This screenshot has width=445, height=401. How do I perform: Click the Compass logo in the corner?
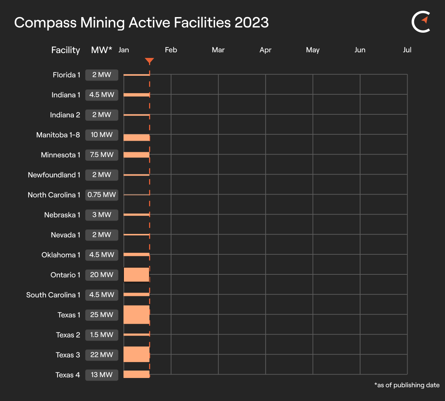(x=421, y=22)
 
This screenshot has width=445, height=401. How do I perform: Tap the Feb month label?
(x=171, y=50)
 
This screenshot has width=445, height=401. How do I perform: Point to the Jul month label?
(x=407, y=50)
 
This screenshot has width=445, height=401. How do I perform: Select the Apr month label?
(x=266, y=50)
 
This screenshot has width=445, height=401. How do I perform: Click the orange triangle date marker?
(x=149, y=61)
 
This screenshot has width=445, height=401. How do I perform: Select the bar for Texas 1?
(x=136, y=314)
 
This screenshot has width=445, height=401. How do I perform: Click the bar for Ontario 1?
(x=136, y=275)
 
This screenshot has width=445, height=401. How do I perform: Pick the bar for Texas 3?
(x=136, y=355)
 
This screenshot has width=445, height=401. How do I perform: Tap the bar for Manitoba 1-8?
(x=136, y=137)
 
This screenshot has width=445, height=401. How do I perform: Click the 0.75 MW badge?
(x=102, y=195)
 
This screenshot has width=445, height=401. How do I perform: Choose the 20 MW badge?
(x=102, y=275)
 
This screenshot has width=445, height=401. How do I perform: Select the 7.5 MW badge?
(x=102, y=155)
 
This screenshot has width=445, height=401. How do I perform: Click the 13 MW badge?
(x=102, y=375)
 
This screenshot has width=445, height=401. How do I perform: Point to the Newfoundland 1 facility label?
(x=54, y=175)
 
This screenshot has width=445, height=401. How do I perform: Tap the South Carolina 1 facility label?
(x=53, y=295)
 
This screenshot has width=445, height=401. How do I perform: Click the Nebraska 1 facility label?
(x=62, y=215)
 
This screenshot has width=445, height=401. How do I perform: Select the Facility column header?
(x=66, y=50)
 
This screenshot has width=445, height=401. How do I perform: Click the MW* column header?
(x=102, y=50)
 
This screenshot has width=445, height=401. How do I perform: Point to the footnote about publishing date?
(x=407, y=385)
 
